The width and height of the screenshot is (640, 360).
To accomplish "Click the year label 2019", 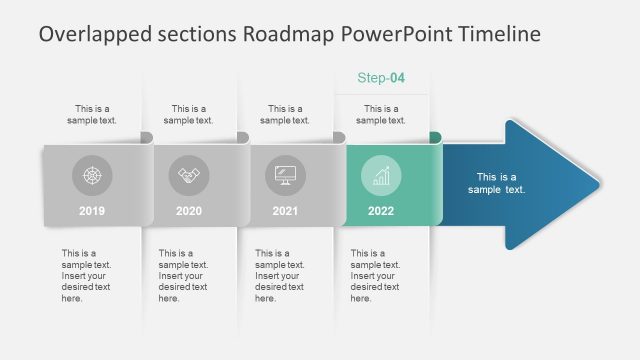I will pos(92,211).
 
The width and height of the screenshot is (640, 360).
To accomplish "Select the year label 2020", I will pos(188,211).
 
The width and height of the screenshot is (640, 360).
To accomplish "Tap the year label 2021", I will pos(285,211).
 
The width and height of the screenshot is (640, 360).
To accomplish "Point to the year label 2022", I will pos(381,211).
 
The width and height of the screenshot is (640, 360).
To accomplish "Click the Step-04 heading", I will pos(381,78).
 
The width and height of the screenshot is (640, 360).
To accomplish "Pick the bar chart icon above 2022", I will pos(381,176).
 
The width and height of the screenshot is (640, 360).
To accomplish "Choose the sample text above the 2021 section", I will pos(285,114).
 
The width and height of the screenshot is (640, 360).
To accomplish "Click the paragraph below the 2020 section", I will pos(183,275).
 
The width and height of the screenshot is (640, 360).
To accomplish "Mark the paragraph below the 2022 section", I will pos(376,275).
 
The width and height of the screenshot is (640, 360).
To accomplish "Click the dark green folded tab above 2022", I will pos(436,137).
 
